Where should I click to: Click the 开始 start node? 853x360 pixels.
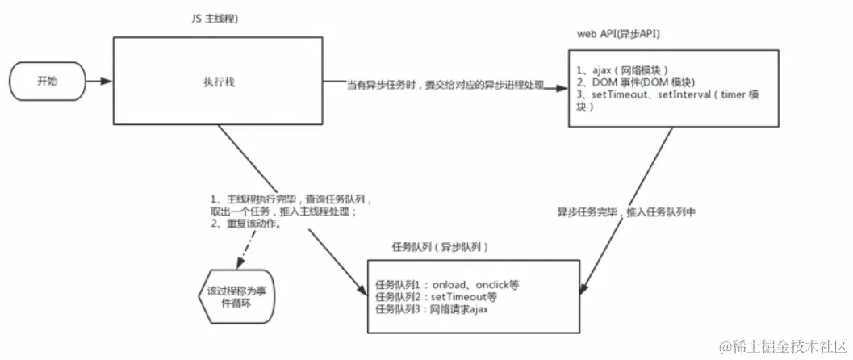pyautogui.click(x=48, y=81)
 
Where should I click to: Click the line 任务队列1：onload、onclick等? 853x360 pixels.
pyautogui.click(x=446, y=285)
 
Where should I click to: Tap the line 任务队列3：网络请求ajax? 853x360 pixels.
pyautogui.click(x=433, y=309)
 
